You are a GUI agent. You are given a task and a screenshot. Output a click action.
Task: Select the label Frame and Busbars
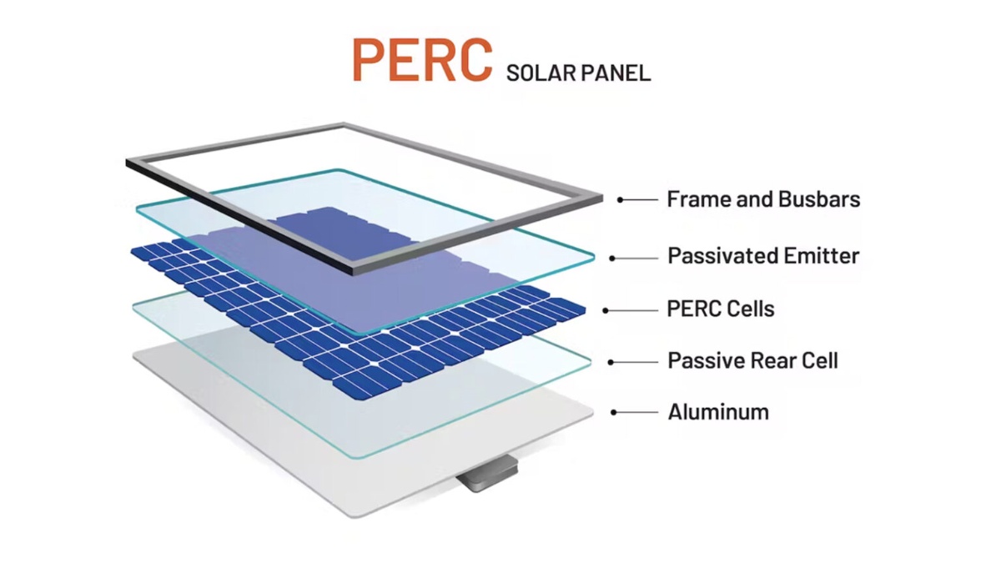(763, 199)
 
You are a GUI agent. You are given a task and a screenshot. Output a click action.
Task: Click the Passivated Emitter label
(763, 255)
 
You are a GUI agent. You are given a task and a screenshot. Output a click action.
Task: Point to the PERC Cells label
(721, 309)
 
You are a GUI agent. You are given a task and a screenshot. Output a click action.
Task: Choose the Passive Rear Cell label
(752, 360)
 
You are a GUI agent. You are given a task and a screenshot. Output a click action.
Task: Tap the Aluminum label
(718, 411)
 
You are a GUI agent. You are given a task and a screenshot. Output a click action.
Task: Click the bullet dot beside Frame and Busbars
(621, 199)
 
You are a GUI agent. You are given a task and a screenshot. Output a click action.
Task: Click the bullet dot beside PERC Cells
(606, 311)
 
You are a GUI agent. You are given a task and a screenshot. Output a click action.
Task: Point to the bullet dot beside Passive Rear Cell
(611, 362)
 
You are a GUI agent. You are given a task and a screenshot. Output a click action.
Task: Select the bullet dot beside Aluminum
(615, 412)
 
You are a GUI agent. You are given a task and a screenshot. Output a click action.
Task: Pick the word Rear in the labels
(772, 360)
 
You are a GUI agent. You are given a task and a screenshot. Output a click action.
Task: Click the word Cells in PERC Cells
(751, 309)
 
